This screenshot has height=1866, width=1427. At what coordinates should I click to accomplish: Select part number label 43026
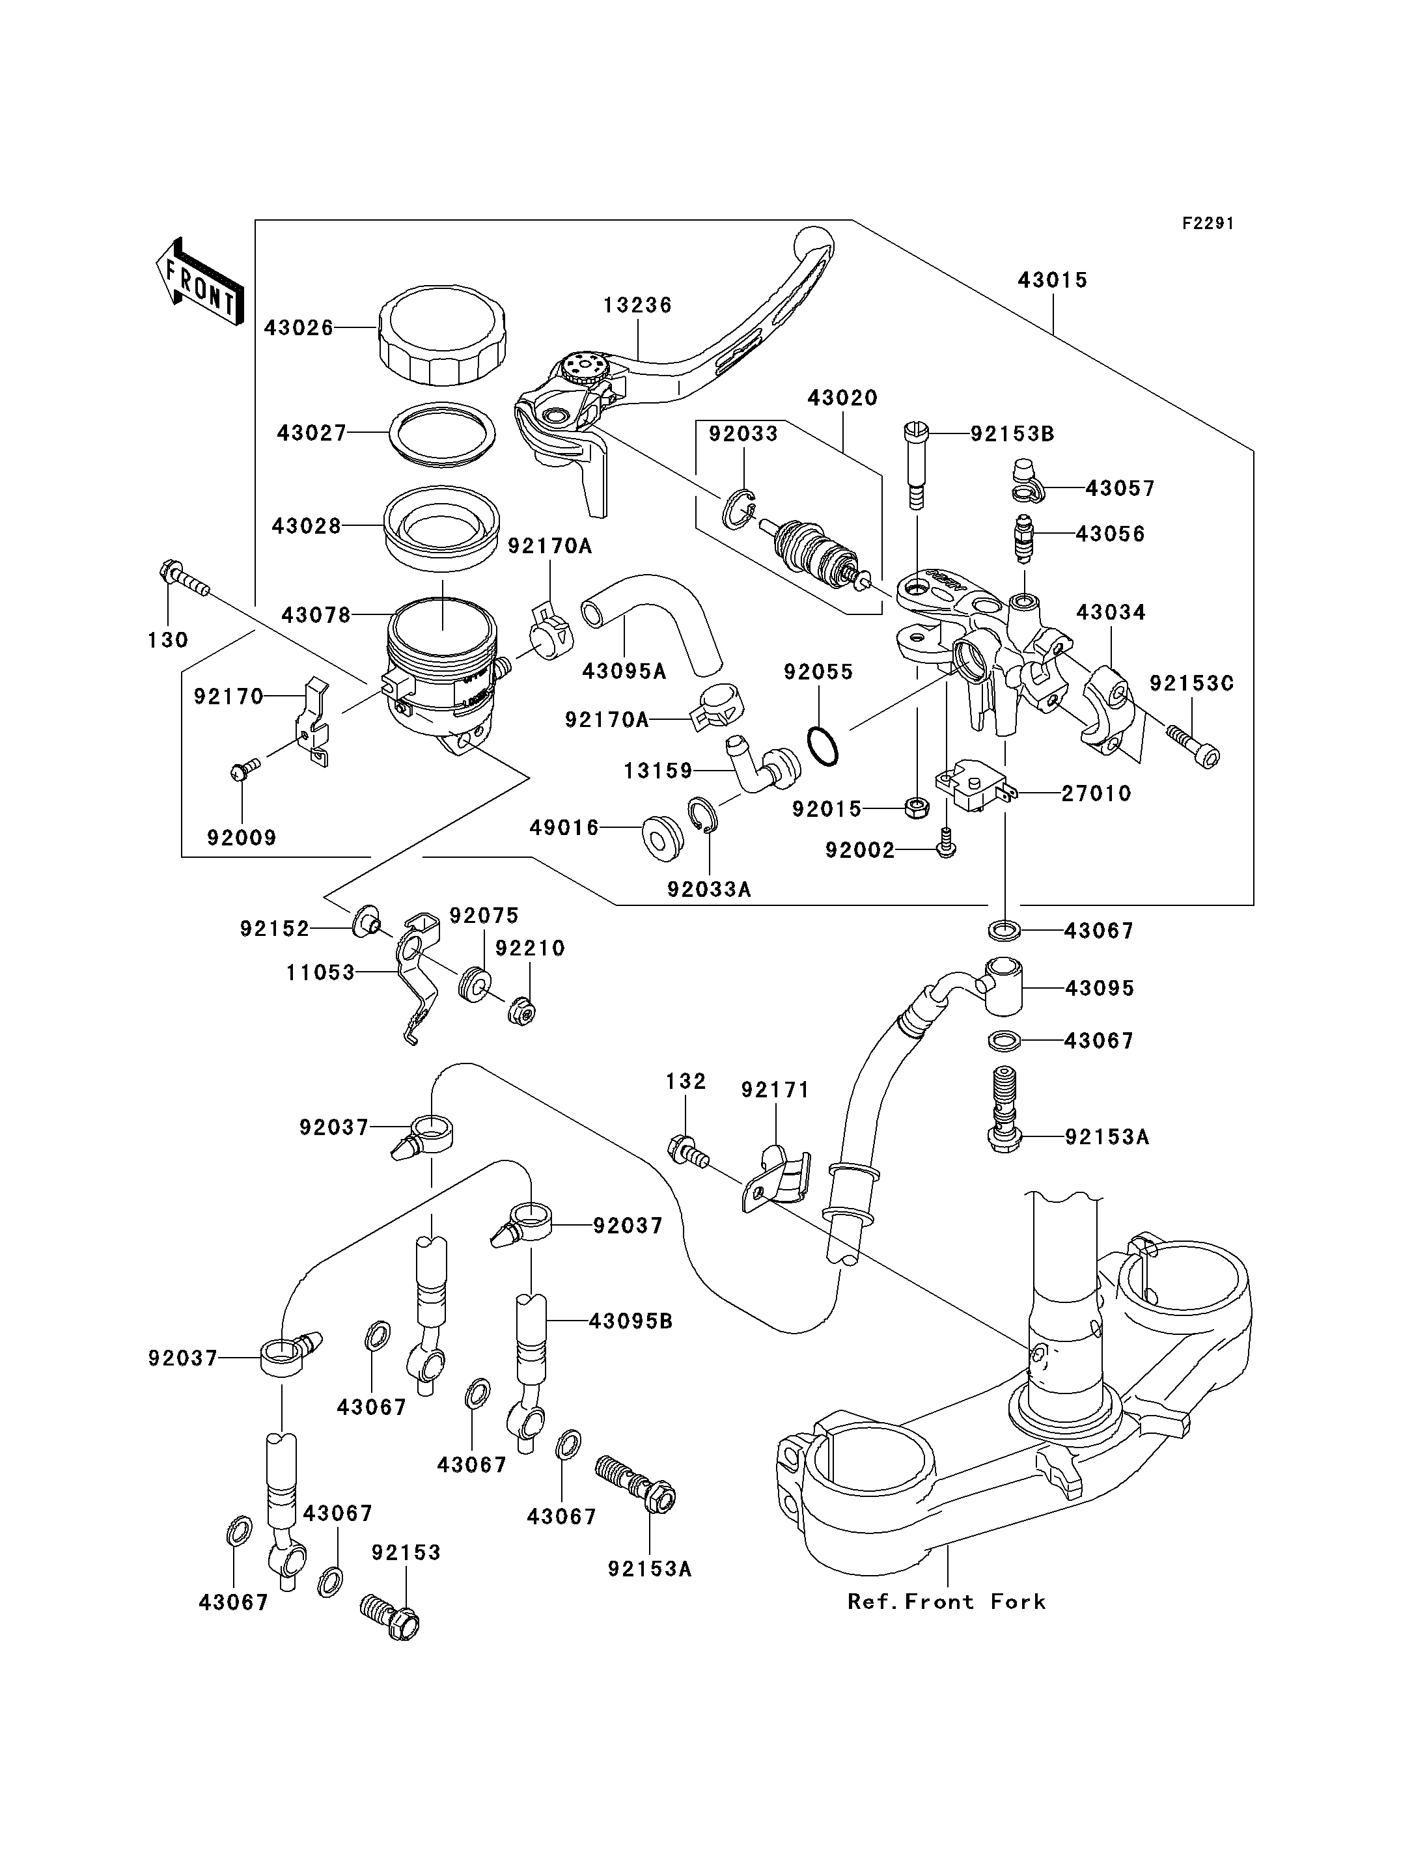(x=298, y=328)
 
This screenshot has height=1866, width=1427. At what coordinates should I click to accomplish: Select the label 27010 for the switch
(x=1096, y=794)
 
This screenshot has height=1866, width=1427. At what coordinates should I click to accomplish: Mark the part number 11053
(x=320, y=973)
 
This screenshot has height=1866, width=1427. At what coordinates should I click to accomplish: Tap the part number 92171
(x=775, y=1090)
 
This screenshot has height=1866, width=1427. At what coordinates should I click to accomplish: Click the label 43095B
(x=630, y=1322)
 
